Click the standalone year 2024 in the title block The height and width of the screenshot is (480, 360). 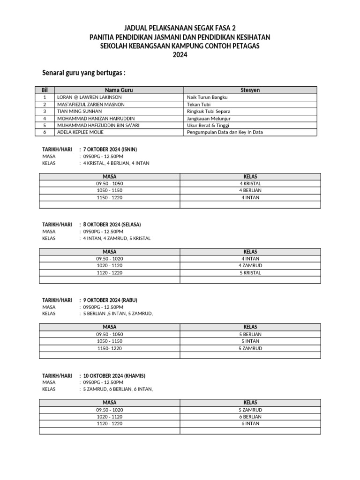click(180, 55)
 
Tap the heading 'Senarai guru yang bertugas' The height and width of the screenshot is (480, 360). click(84, 73)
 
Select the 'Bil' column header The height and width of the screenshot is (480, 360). click(45, 90)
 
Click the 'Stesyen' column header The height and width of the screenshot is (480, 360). click(250, 90)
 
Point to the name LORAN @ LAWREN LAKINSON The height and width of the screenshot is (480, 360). click(89, 97)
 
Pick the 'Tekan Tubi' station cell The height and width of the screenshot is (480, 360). click(199, 104)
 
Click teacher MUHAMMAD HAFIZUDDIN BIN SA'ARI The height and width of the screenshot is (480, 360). click(98, 125)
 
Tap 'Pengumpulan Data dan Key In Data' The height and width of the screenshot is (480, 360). click(225, 132)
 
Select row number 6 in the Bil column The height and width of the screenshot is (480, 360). click(45, 132)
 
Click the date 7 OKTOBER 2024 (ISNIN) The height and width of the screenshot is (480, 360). click(110, 149)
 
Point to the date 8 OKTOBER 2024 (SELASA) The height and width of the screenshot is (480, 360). click(112, 225)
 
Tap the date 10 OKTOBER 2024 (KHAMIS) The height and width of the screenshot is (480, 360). click(114, 375)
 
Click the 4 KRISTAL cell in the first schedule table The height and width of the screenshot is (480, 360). click(250, 183)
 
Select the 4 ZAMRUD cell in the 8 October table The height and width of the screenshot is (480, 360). click(250, 265)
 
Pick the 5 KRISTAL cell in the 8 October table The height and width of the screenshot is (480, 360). click(250, 272)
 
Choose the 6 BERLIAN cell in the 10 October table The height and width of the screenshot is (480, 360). click(250, 416)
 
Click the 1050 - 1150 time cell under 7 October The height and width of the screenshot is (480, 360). click(109, 190)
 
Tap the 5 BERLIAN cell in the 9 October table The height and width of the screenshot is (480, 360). click(250, 334)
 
